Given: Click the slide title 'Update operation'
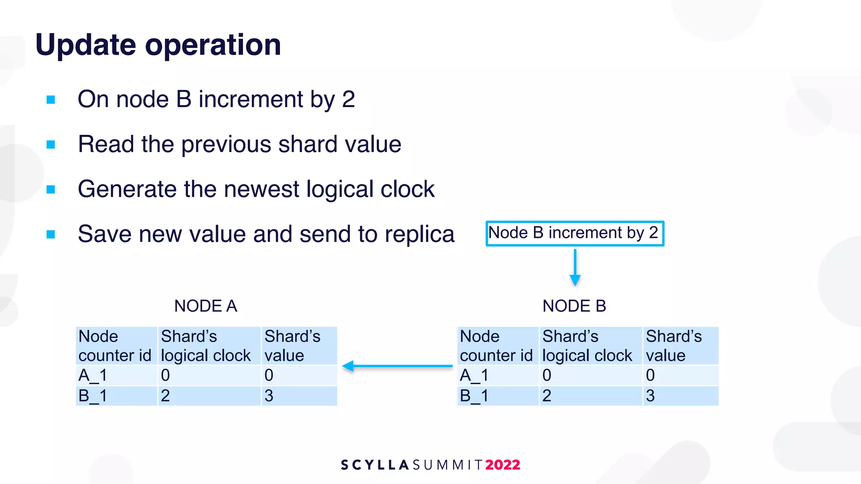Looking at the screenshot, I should [x=158, y=45].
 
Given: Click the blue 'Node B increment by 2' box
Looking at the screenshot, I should [x=574, y=233].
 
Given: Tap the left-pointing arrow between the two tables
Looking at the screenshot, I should [x=397, y=366].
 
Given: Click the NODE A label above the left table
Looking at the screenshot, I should [x=206, y=306].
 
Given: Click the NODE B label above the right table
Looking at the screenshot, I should [x=574, y=306].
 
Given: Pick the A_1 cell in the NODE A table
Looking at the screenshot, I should [x=93, y=375].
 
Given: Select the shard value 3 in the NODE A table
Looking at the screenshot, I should [x=269, y=396].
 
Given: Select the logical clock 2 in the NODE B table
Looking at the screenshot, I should [x=547, y=396].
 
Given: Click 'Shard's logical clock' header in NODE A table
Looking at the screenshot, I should [x=206, y=346].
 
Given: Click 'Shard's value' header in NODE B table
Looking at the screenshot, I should [x=673, y=346].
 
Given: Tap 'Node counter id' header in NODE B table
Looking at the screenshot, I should [x=496, y=346].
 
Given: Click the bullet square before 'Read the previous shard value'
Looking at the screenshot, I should [x=51, y=145].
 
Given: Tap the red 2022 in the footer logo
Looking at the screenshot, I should [x=502, y=465].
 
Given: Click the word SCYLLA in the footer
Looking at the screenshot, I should [x=375, y=465].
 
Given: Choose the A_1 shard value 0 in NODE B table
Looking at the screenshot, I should [x=650, y=375].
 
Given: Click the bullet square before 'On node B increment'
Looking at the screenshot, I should [x=51, y=100].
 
